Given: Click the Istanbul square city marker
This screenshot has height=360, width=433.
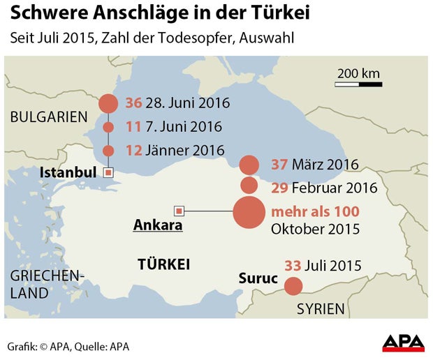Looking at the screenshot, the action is click(x=108, y=172).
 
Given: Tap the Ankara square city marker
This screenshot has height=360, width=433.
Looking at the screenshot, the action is click(x=179, y=211).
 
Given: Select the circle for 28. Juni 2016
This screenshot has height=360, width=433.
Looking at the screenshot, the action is click(x=108, y=104).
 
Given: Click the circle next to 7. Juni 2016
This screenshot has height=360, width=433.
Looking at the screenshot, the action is click(x=108, y=127).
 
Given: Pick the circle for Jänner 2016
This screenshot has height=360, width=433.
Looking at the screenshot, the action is click(x=108, y=150).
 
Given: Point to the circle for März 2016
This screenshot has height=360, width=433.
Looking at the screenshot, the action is click(x=249, y=165).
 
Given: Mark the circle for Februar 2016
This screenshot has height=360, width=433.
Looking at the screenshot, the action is click(x=249, y=186).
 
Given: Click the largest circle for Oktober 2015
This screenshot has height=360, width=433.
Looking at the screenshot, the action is click(x=249, y=212).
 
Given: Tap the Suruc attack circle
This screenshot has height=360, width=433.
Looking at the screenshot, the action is click(x=293, y=286).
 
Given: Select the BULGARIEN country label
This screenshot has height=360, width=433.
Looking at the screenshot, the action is click(x=49, y=117).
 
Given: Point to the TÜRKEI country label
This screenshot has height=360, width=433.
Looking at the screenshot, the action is click(x=164, y=264).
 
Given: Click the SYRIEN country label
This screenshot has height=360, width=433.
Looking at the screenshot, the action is click(x=321, y=308).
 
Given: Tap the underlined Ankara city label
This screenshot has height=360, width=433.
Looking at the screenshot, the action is click(x=158, y=225).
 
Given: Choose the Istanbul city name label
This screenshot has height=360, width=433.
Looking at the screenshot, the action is click(x=68, y=172).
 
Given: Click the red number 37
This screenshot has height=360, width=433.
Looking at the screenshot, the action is click(x=279, y=165).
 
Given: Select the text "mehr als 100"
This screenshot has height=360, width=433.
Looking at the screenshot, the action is click(x=315, y=211).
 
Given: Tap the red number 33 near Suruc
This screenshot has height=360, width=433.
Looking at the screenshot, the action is click(x=293, y=265).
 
